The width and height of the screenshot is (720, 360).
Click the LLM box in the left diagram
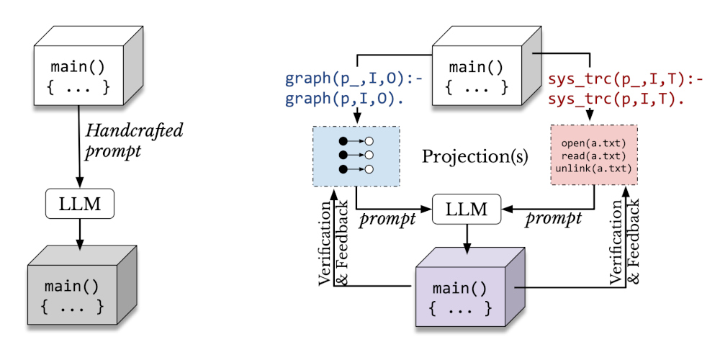[80, 204]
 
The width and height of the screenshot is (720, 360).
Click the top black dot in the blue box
[343, 140]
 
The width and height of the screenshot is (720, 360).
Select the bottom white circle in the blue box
[369, 169]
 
